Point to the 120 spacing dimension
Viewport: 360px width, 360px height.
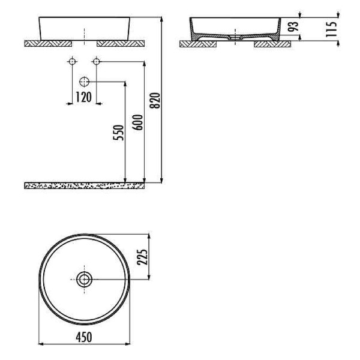tap(83, 97)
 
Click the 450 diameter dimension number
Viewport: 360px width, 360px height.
tap(83, 337)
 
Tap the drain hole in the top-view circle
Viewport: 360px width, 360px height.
tap(84, 278)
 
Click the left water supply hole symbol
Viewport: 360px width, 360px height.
tap(72, 61)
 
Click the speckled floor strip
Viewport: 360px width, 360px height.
tap(84, 185)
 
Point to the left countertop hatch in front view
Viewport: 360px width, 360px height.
tap(48, 43)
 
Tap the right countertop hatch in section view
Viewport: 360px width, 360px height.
tap(269, 44)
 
